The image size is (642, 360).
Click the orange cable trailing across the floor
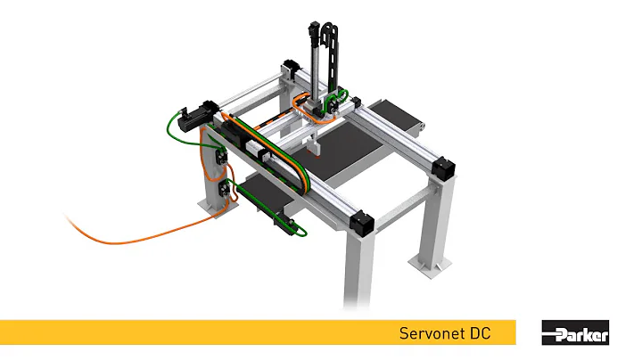[x=134, y=237]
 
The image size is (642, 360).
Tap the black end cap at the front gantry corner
[x=360, y=223]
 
